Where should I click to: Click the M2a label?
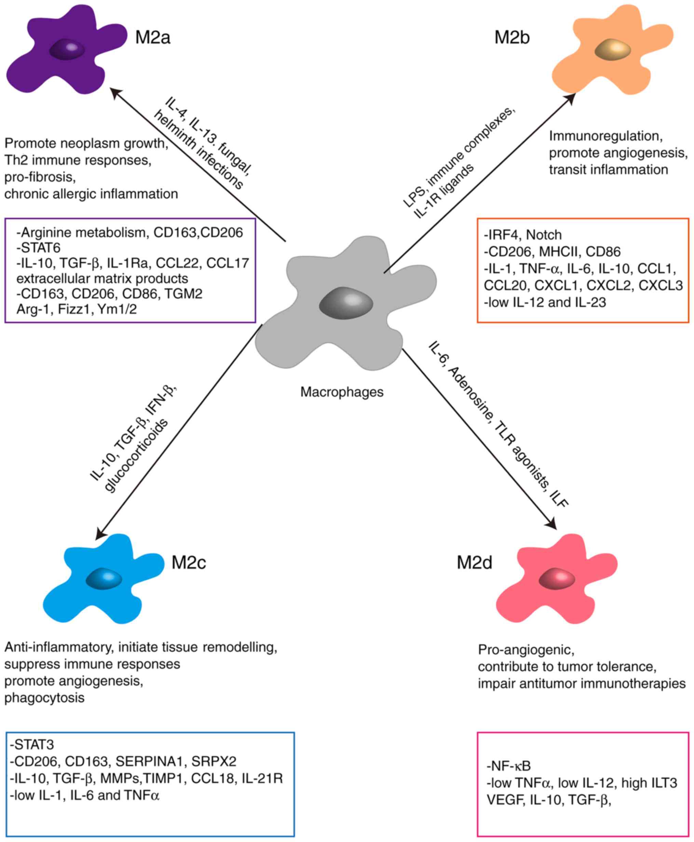point(153,38)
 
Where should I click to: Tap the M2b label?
point(512,38)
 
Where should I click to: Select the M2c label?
point(189,563)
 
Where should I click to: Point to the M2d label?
point(475,563)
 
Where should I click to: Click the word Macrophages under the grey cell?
point(342,392)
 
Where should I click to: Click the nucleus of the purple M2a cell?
point(67,50)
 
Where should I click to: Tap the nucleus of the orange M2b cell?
point(612,50)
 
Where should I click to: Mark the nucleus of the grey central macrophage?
point(346,303)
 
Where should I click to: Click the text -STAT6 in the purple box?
point(38,248)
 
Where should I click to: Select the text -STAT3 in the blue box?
point(32,745)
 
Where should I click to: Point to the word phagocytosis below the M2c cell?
point(44,698)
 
